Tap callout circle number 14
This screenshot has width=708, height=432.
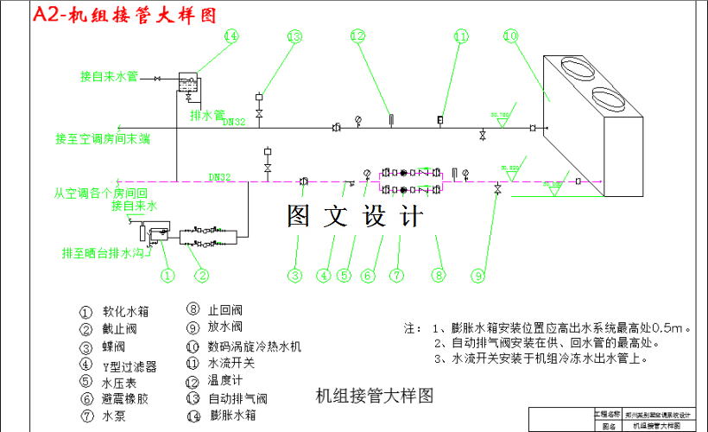pyautogui.click(x=231, y=36)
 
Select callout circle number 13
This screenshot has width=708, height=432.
pyautogui.click(x=294, y=36)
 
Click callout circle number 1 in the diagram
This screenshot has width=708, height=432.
pyautogui.click(x=168, y=276)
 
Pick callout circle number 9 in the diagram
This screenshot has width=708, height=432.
pyautogui.click(x=478, y=276)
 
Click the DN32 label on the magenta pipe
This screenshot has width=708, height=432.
pyautogui.click(x=220, y=177)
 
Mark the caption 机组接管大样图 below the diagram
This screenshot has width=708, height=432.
pyautogui.click(x=373, y=397)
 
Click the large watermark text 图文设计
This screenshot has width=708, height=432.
pyautogui.click(x=355, y=216)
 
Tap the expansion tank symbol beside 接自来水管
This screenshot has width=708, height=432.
pyautogui.click(x=187, y=82)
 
